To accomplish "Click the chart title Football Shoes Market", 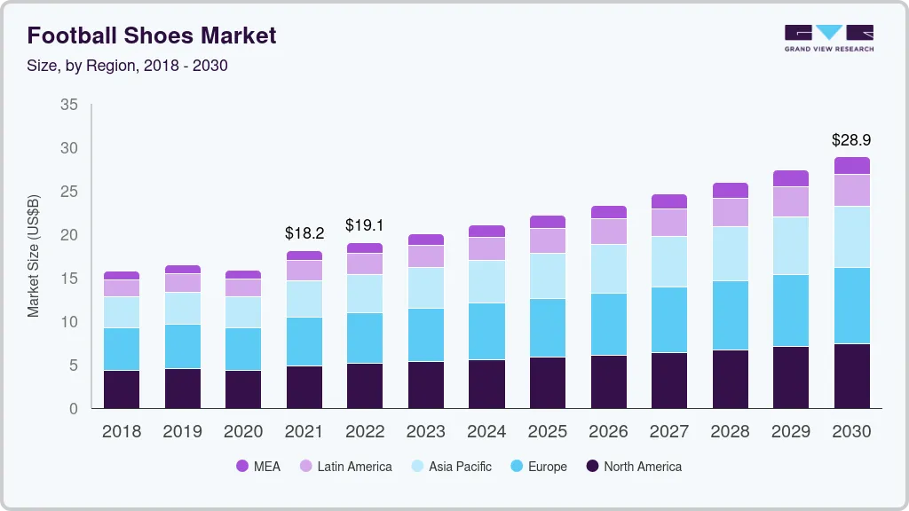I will point(152,35).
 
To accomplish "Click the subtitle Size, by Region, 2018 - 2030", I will point(128,66).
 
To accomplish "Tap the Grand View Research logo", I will point(828,37).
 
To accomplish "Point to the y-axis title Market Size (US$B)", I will point(34,255).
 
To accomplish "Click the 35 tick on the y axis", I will point(69,105).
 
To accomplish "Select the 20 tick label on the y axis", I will point(69,235).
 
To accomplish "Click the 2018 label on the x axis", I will point(122,432).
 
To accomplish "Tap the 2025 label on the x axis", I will point(547,432).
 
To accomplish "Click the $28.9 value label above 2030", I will point(850,140).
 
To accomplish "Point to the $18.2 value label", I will point(304,233).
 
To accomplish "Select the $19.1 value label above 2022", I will point(365,225).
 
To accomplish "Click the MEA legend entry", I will point(257,467).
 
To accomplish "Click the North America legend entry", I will point(633,467).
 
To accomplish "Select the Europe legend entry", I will point(537,467).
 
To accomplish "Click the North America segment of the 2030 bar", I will point(851,376).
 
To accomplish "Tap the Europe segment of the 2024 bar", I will point(486,331).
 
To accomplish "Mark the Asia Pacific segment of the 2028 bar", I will point(730,254).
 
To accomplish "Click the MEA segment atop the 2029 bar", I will point(790,178).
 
